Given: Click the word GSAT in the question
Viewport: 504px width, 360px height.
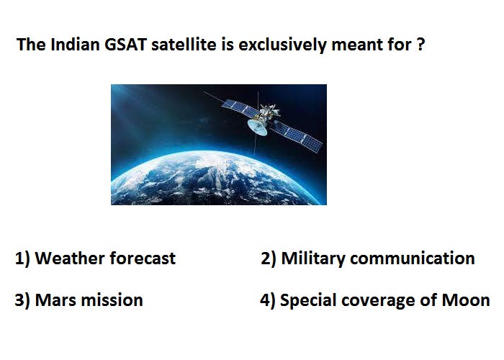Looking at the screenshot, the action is tap(126, 45).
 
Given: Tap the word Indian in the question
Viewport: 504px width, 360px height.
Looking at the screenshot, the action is tap(75, 45).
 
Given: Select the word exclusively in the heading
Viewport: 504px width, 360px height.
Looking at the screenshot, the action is tap(282, 45).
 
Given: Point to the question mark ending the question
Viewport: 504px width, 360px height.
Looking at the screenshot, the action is tap(420, 45).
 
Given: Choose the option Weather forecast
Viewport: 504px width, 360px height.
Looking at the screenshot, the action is tap(105, 258).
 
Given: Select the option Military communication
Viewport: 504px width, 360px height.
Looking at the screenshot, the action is tap(378, 258).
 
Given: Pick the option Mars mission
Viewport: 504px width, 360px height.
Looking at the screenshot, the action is tap(89, 300).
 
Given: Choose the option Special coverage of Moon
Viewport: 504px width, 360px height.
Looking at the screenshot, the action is tap(384, 300).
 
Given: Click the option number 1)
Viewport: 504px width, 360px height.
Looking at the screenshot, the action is tap(22, 258).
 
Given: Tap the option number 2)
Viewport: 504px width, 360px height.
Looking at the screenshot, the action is tap(268, 258).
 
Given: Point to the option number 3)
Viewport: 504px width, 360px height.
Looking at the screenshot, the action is tap(22, 300).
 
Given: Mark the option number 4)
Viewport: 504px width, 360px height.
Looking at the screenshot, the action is tap(267, 300).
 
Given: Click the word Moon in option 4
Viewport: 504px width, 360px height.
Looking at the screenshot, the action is tap(466, 300).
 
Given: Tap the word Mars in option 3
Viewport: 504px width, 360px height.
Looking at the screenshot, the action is tap(55, 300).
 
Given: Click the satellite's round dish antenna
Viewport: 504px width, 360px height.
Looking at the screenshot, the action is tap(258, 127).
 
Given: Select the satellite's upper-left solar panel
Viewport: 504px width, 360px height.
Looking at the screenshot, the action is tap(240, 108).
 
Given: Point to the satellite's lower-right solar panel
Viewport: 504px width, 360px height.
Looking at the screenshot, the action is tap(297, 135).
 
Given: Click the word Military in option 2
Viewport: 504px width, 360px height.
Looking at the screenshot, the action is tap(313, 258).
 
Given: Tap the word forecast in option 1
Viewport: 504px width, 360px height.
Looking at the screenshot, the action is tap(143, 258).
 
